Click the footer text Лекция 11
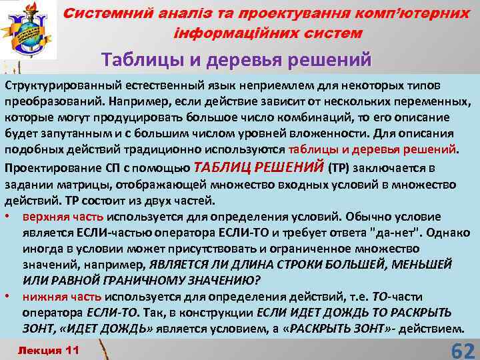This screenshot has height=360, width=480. (48, 350)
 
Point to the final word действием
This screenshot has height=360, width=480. (431, 328)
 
